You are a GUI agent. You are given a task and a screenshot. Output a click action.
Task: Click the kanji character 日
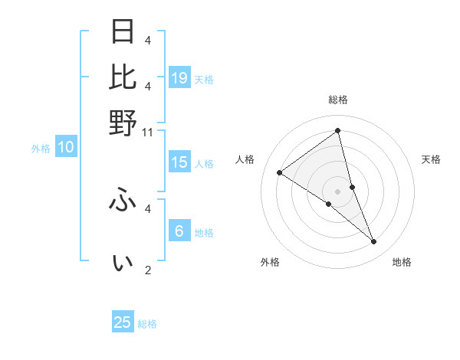[123, 32]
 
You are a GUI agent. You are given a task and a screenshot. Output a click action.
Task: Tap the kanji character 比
[123, 77]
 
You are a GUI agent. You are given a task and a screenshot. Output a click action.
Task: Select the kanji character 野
[123, 123]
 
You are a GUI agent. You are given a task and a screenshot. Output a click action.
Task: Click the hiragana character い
[123, 263]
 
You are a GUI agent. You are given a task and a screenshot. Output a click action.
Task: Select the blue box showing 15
[179, 162]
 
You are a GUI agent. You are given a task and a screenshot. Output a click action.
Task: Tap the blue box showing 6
[179, 231]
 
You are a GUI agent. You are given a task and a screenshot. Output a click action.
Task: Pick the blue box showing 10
[66, 148]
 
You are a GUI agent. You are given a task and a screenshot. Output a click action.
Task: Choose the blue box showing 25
[123, 322]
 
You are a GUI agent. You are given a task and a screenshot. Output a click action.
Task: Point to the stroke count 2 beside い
[148, 270]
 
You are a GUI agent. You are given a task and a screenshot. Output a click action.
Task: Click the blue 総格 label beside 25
[148, 324]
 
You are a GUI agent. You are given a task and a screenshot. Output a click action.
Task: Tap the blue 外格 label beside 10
[41, 149]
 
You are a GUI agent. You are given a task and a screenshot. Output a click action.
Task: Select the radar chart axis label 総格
[338, 100]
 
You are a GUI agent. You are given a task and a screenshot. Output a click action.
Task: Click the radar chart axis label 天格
[432, 159]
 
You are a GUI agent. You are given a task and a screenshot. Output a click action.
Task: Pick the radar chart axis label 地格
[402, 262]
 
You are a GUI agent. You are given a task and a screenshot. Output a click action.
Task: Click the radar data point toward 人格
[280, 172]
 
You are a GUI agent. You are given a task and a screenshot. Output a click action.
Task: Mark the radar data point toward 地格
[374, 242]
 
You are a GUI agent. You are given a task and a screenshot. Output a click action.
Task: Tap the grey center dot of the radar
[338, 191]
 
